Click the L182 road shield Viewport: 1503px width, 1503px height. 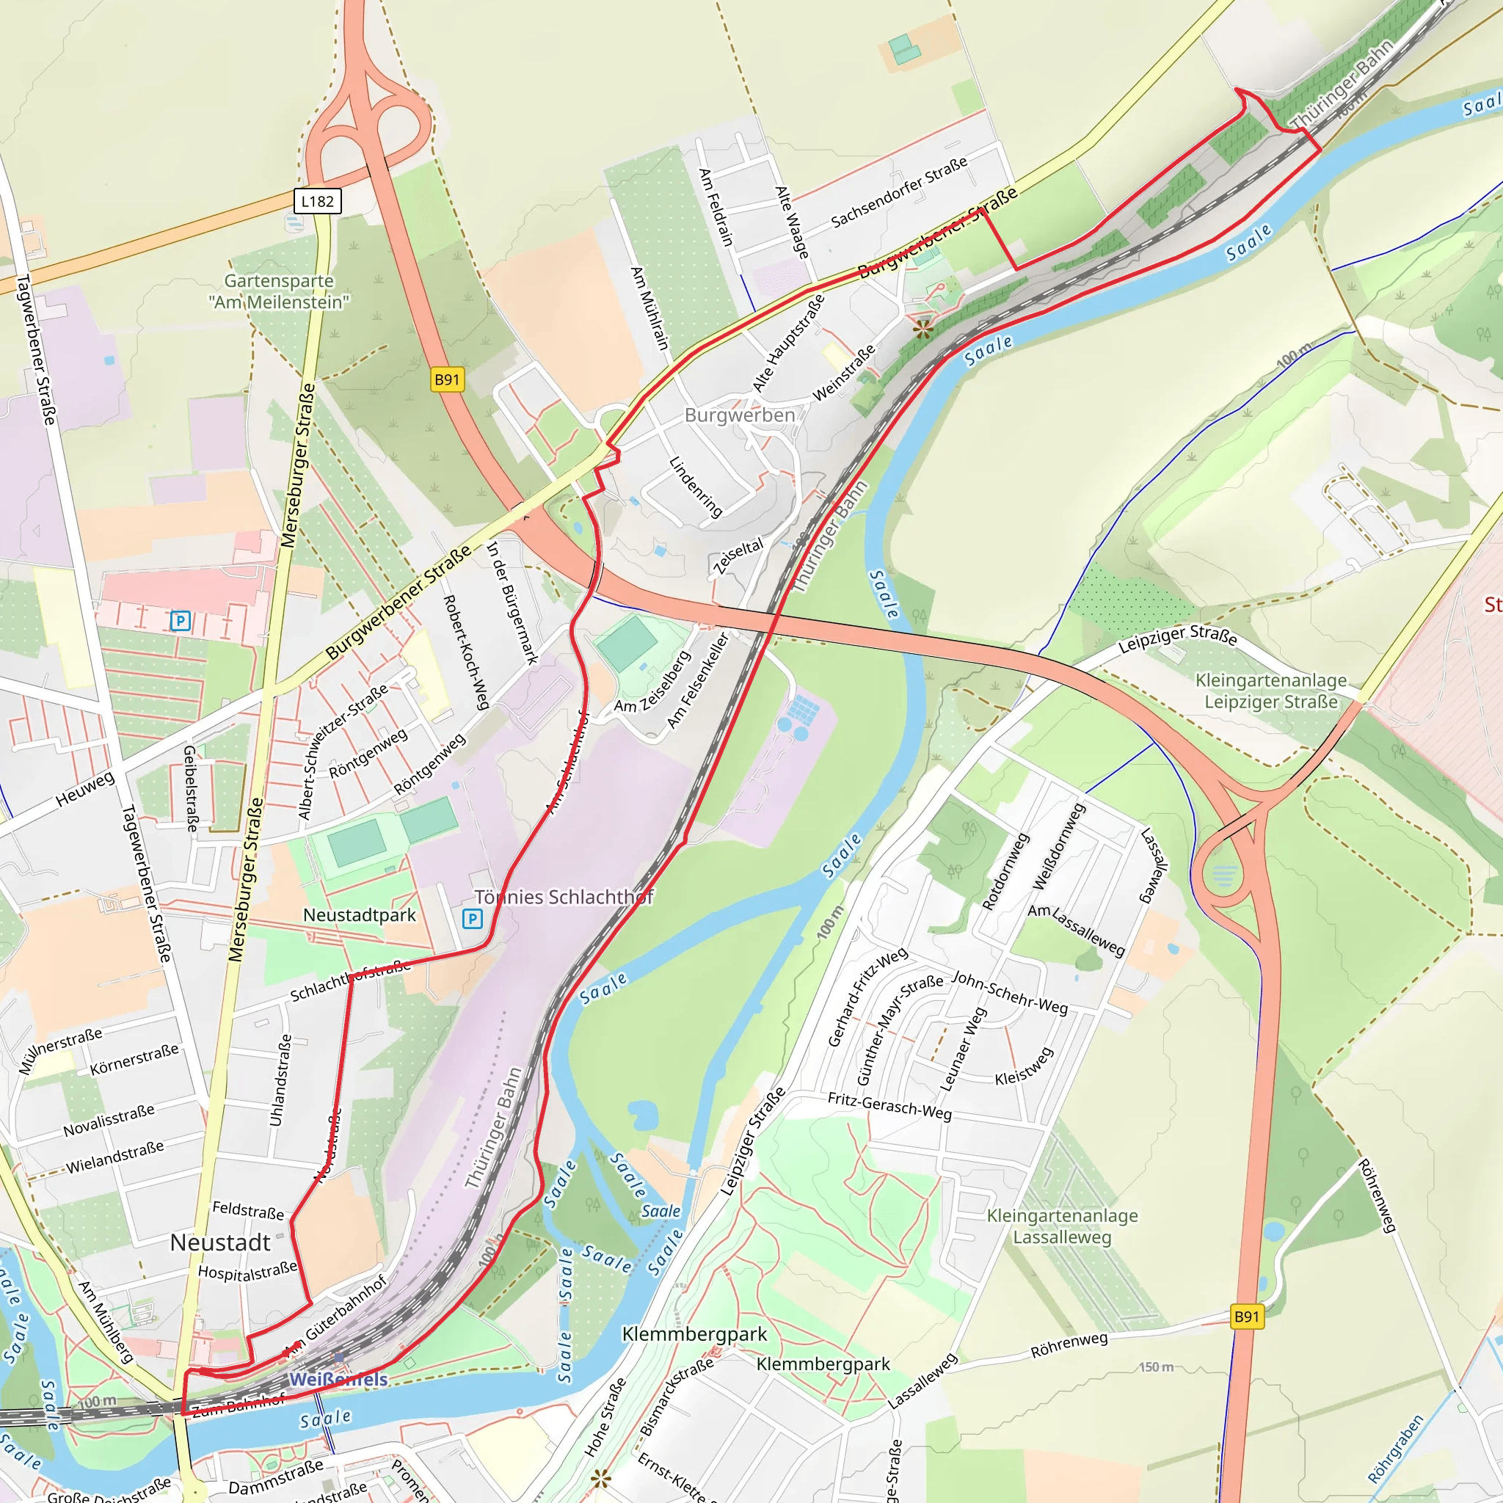[317, 202]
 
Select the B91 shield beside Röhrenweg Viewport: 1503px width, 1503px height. [1246, 1317]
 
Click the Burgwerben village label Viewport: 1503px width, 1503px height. [739, 415]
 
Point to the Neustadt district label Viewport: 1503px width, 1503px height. [220, 1242]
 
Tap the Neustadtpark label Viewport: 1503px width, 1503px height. [360, 915]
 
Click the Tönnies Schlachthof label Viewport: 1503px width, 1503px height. [564, 897]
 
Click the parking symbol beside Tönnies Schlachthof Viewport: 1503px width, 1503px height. [472, 919]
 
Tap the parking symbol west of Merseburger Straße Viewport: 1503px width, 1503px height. [181, 621]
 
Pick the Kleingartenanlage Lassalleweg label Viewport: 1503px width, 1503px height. [1062, 1226]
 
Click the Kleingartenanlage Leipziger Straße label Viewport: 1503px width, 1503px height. [1271, 691]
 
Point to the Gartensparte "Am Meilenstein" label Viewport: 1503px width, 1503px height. [278, 291]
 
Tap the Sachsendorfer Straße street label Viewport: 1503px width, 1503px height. [898, 192]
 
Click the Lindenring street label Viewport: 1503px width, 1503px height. [696, 487]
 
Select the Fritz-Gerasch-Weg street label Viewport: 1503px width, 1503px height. [889, 1105]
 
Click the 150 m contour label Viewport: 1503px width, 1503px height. [1156, 1366]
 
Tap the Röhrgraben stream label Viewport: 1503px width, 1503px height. [1397, 1447]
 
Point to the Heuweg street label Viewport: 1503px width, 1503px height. [85, 789]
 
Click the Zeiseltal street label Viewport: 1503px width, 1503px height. [738, 556]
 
